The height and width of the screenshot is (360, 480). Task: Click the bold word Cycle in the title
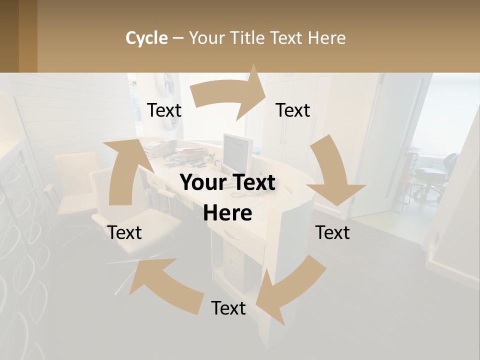(146, 38)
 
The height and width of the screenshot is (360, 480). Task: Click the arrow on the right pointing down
(332, 175)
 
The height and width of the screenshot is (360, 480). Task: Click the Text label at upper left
(164, 110)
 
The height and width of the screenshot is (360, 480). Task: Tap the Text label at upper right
(293, 110)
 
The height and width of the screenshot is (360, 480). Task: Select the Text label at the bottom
(228, 308)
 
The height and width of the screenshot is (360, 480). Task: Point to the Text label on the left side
(124, 232)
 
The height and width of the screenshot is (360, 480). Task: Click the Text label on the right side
(332, 232)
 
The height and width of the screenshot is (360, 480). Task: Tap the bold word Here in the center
(227, 213)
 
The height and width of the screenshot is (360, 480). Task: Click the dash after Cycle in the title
(178, 38)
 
